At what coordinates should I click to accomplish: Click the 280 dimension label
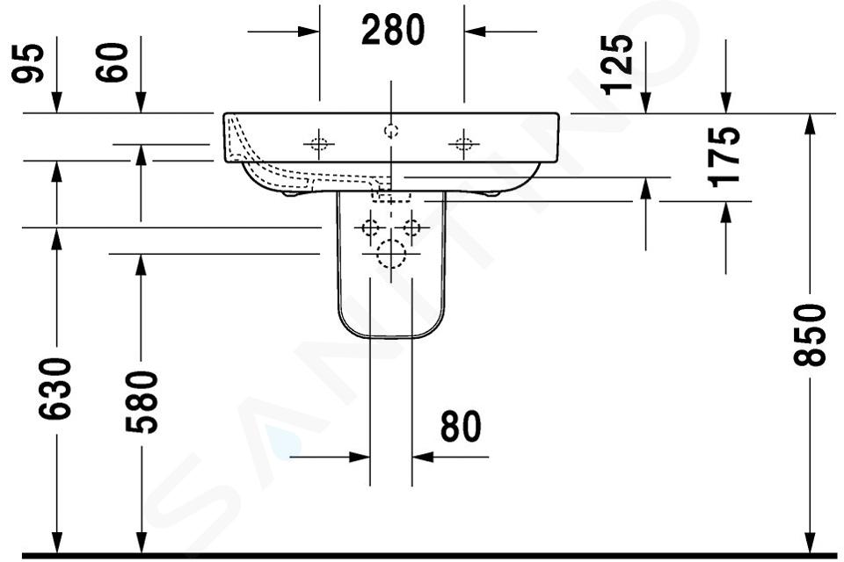click(392, 30)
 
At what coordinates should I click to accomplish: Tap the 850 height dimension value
click(810, 335)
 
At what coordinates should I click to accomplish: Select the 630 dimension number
click(55, 388)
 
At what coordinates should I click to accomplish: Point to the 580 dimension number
click(142, 401)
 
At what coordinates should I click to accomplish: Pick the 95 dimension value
click(28, 63)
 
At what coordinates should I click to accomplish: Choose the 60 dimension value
click(112, 62)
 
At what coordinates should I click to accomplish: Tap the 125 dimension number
click(617, 64)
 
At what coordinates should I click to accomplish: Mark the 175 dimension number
click(724, 157)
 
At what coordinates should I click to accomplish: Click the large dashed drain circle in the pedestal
click(391, 254)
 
